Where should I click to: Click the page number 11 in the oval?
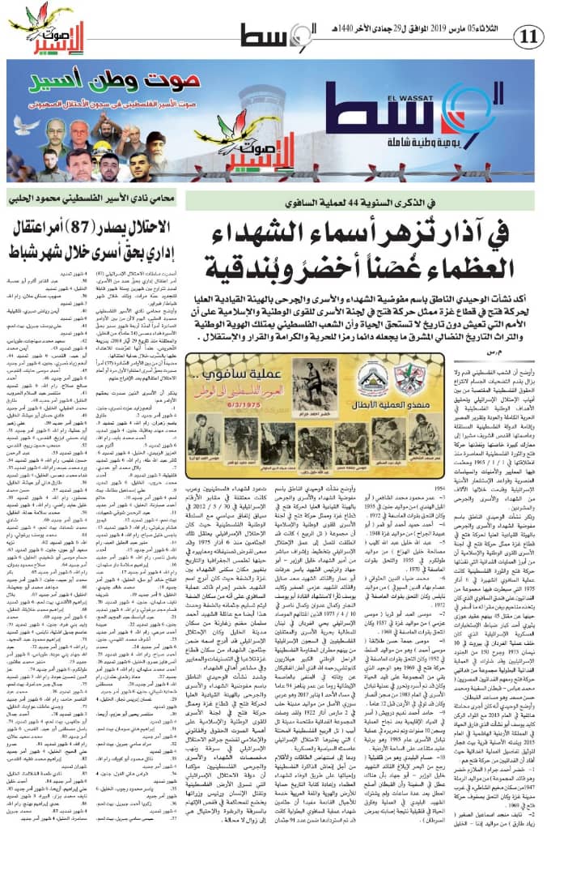pos(532,36)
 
